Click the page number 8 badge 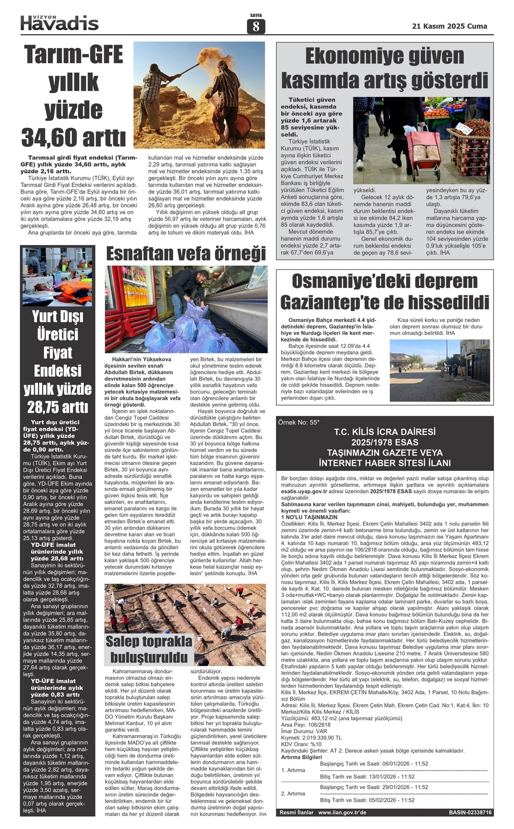pyautogui.click(x=256, y=27)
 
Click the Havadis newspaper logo pyautogui.click(x=60, y=23)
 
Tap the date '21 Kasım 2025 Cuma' pyautogui.click(x=449, y=26)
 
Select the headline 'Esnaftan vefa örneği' pyautogui.click(x=186, y=253)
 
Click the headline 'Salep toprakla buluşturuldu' pyautogui.click(x=149, y=649)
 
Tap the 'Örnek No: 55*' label pyautogui.click(x=299, y=422)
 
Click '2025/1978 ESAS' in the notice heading pyautogui.click(x=385, y=442)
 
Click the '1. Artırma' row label pyautogui.click(x=293, y=770)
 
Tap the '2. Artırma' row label pyautogui.click(x=293, y=793)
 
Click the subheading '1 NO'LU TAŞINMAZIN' pyautogui.click(x=309, y=517)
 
